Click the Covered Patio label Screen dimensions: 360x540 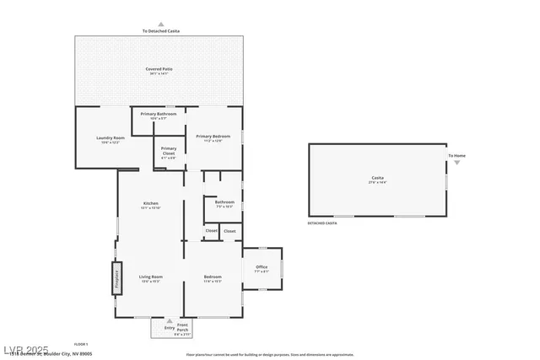[x=160, y=69]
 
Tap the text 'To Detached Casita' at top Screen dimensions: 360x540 [x=160, y=31]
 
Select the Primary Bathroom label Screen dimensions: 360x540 [x=159, y=114]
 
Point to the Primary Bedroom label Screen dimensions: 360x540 [x=213, y=137]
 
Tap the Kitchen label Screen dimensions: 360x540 [x=150, y=204]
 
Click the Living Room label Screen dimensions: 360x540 [x=150, y=277]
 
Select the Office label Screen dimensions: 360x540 [x=262, y=267]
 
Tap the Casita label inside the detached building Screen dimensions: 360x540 [x=378, y=178]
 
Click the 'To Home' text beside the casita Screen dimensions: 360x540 [x=456, y=156]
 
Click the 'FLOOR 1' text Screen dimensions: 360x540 [x=82, y=344]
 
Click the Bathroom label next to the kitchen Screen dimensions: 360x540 [x=224, y=202]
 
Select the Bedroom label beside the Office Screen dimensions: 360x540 [x=213, y=277]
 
